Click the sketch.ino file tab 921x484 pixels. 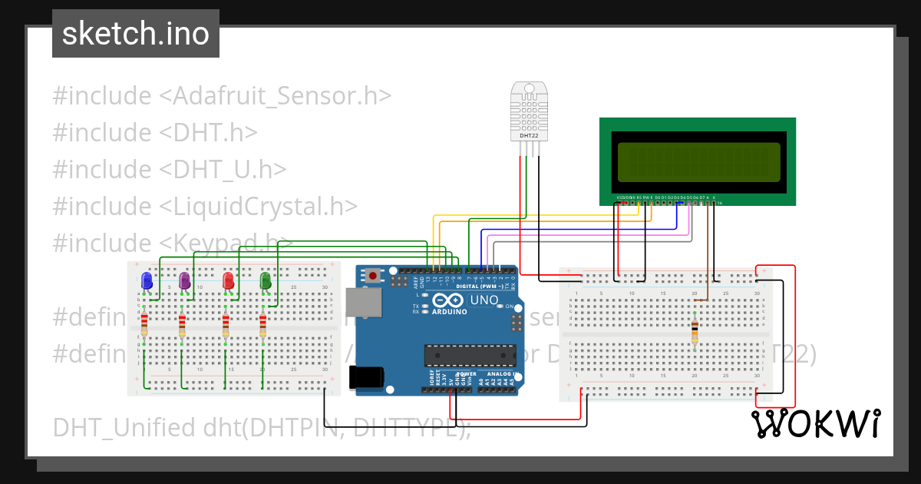click(x=136, y=34)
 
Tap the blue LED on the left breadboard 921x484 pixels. click(x=147, y=281)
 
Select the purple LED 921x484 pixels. click(x=184, y=281)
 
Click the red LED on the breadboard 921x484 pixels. click(x=228, y=281)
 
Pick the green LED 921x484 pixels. click(x=266, y=281)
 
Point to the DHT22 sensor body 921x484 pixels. click(x=529, y=112)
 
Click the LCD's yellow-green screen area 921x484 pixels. click(x=696, y=161)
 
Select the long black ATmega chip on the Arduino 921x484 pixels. click(x=470, y=354)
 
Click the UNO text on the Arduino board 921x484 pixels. click(x=484, y=300)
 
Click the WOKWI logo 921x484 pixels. click(x=816, y=423)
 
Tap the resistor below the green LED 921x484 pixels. click(x=263, y=325)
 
